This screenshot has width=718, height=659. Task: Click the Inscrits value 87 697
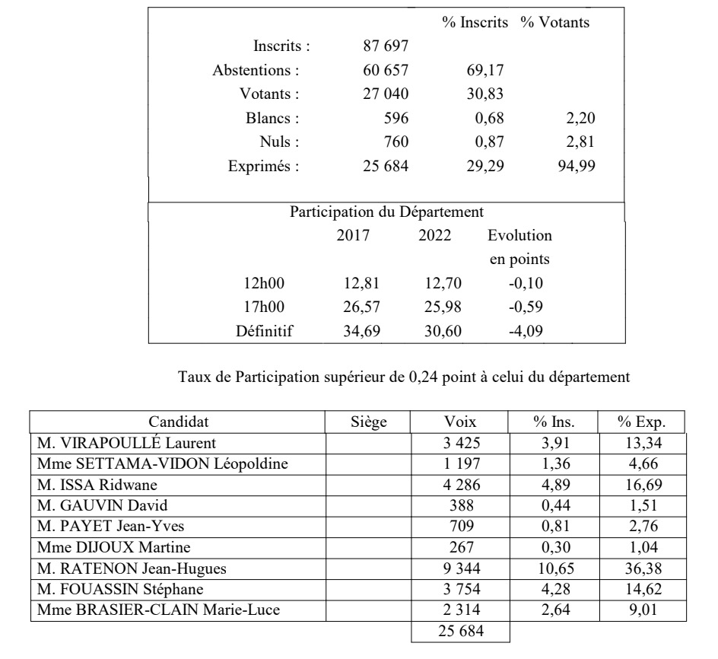click(x=387, y=46)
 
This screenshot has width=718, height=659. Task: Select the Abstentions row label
click(x=256, y=71)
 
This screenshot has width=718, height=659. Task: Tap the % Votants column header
click(x=555, y=23)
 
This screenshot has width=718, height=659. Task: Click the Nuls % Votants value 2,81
click(x=576, y=142)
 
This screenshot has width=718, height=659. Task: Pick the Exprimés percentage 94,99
click(x=576, y=167)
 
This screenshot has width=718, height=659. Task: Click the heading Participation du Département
click(x=386, y=212)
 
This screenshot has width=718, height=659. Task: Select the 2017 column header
click(x=353, y=236)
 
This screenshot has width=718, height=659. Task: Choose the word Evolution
click(x=520, y=236)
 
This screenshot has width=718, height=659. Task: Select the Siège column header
click(x=369, y=422)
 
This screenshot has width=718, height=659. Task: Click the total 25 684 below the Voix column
click(x=460, y=631)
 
